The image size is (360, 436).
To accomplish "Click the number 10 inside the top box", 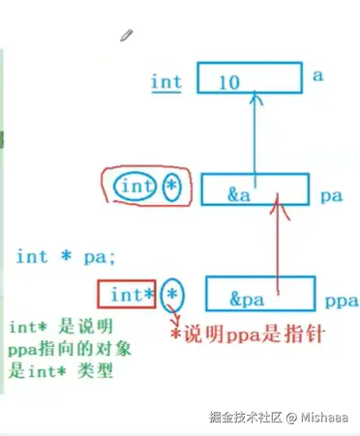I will click(229, 83).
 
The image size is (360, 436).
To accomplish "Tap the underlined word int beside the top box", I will click(166, 82).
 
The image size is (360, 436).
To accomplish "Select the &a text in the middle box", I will click(240, 193).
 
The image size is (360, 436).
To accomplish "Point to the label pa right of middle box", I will click(330, 195).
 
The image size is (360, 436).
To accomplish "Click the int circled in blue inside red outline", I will click(135, 185).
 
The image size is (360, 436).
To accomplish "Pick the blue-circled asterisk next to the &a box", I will click(171, 184).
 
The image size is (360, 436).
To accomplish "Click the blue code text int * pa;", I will click(66, 257).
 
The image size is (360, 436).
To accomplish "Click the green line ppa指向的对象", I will click(60, 349).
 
